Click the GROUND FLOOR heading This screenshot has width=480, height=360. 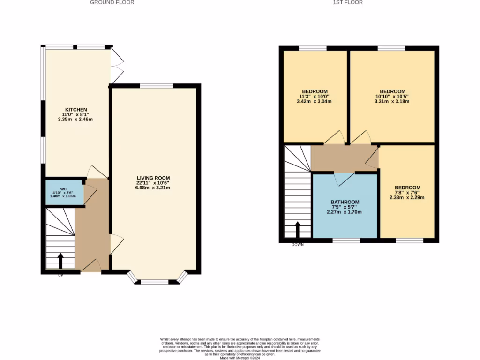(112, 2)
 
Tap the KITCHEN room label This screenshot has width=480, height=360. (76, 110)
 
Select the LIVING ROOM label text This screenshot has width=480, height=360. (153, 178)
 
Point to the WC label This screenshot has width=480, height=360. (64, 189)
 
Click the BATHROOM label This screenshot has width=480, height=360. (345, 202)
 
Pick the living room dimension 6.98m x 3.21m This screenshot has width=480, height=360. (153, 188)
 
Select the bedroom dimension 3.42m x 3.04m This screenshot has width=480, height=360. (315, 101)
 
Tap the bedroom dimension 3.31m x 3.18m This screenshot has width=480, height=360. (393, 101)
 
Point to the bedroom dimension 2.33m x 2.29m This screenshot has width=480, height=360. (407, 197)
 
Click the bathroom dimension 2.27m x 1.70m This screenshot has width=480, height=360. (345, 212)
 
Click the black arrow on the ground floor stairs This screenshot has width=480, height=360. (60, 260)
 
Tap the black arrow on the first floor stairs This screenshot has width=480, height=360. (297, 229)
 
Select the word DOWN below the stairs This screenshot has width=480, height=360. (297, 245)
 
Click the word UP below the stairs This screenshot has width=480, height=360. (60, 276)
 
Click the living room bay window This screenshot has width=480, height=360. (155, 281)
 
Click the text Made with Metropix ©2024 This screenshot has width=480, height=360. (240, 358)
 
